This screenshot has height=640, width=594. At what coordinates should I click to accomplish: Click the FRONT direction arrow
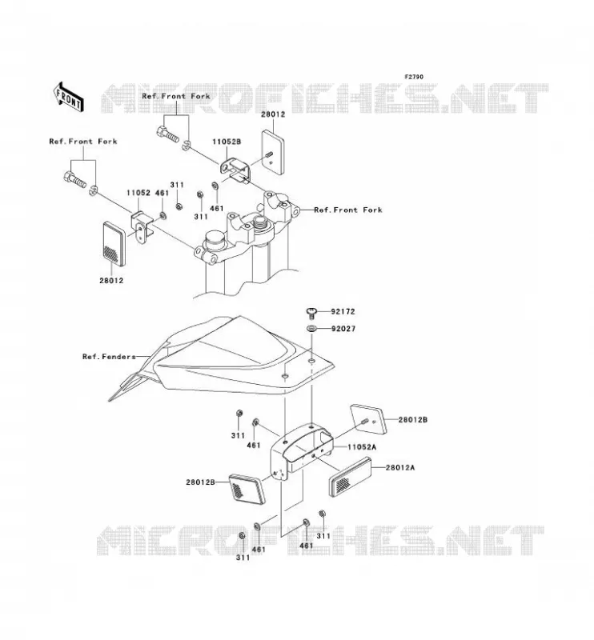[69, 97]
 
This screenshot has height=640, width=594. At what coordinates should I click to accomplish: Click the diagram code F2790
[414, 77]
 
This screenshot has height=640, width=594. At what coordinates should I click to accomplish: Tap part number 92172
[343, 311]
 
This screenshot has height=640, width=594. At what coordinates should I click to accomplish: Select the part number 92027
[343, 329]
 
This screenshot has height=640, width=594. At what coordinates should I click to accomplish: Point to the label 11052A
[362, 447]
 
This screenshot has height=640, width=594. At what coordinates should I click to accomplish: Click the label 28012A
[400, 467]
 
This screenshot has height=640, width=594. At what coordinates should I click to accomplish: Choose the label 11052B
[227, 142]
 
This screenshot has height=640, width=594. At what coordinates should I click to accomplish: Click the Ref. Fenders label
[109, 357]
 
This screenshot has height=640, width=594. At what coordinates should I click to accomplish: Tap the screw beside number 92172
[311, 313]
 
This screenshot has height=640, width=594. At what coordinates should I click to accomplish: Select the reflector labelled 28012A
[351, 476]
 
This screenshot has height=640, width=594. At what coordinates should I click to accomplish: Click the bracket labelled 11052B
[235, 170]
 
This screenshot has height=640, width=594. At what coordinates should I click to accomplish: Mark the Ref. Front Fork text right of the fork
[348, 210]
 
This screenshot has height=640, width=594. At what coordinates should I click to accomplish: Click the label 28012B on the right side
[413, 419]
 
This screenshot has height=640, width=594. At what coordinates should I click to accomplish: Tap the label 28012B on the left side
[200, 482]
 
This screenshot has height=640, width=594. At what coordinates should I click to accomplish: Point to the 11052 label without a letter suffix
[138, 193]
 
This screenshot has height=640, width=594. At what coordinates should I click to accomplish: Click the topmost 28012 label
[273, 114]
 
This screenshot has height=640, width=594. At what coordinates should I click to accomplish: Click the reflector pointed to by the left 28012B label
[247, 489]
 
